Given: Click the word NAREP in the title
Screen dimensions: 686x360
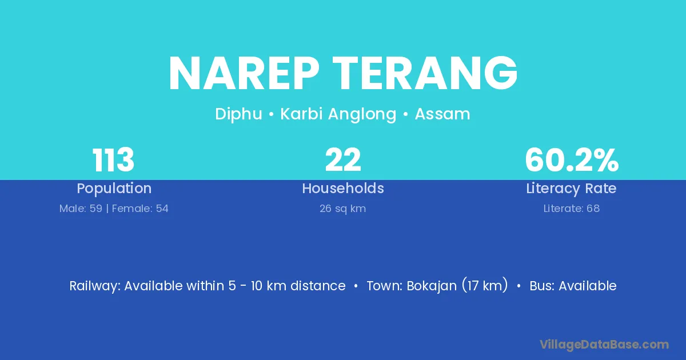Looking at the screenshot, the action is pos(244,73).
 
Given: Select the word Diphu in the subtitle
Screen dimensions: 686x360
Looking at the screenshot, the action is pos(238,114).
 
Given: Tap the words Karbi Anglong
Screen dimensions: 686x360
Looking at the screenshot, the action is pos(338,114).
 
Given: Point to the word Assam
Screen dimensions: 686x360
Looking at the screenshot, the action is pos(442,114).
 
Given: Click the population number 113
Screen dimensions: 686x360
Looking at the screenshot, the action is pos(113,160).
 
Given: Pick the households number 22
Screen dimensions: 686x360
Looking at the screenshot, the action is pos(343,160).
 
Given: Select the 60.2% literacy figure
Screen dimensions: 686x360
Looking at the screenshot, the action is pos(572,160).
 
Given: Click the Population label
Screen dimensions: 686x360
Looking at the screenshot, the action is pos(114,188).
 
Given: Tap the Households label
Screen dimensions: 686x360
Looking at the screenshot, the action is pos(343,188).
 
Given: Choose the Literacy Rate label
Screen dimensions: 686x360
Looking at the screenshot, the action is pos(571,188).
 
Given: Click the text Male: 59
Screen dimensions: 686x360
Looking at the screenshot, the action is pos(81,209).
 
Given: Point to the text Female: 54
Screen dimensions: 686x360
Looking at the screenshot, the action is pos(140,209).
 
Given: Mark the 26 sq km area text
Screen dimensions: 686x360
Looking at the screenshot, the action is pos(342,209).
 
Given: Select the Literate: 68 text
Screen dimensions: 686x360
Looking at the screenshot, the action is pos(572,209).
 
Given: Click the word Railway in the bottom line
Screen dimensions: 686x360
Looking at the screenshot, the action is pos(95,286).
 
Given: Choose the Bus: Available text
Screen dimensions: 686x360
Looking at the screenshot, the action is pos(573,286).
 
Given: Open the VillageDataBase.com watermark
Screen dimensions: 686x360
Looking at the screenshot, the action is pos(604,345).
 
